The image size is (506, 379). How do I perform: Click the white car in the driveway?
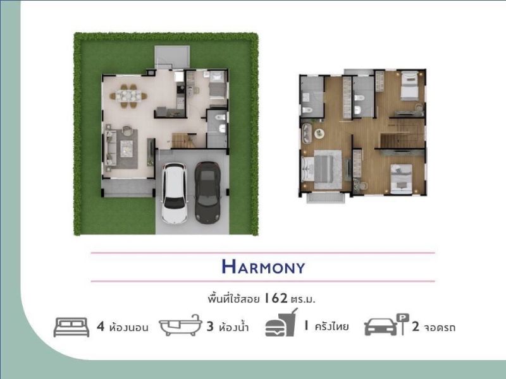tap(175, 193)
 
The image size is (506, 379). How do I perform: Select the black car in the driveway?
tap(208, 193)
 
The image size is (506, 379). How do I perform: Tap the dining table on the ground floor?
tap(128, 96)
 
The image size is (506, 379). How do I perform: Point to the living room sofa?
tap(110, 148)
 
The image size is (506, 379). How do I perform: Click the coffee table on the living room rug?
tap(126, 148)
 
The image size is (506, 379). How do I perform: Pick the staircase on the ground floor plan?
tap(183, 140)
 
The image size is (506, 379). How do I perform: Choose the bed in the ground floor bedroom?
tap(217, 85)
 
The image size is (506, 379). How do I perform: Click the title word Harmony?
tap(263, 267)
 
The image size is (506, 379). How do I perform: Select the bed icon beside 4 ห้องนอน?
tap(71, 327)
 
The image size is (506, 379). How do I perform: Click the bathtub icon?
tap(180, 325)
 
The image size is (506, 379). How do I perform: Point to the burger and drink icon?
tap(281, 323)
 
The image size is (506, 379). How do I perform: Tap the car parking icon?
tap(386, 325)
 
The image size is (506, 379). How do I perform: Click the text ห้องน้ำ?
tap(233, 327)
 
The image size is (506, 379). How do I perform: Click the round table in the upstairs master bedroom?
tap(319, 133)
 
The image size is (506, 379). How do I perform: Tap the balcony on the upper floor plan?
tap(325, 197)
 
